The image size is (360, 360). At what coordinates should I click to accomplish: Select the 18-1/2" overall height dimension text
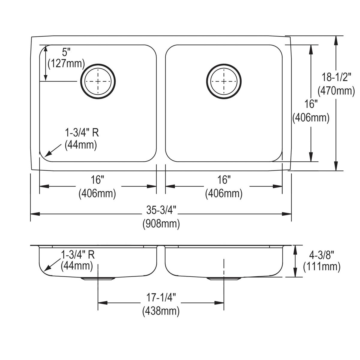(337, 78)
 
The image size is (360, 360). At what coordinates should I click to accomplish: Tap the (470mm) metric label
(337, 90)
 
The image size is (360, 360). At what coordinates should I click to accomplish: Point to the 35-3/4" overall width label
(161, 211)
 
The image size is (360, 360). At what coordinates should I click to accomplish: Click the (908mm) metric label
(161, 224)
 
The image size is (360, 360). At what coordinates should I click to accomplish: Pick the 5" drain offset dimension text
(66, 52)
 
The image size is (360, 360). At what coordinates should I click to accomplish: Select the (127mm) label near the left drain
(66, 64)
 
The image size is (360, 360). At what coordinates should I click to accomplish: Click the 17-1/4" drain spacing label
(161, 298)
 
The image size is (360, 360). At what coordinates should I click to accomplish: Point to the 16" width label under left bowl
(97, 180)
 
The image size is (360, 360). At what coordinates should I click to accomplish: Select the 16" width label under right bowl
(224, 180)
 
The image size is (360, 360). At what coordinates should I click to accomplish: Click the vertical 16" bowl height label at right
(311, 104)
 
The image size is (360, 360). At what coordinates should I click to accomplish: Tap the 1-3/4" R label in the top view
(82, 133)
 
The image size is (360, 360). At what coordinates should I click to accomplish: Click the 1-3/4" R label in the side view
(78, 254)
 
